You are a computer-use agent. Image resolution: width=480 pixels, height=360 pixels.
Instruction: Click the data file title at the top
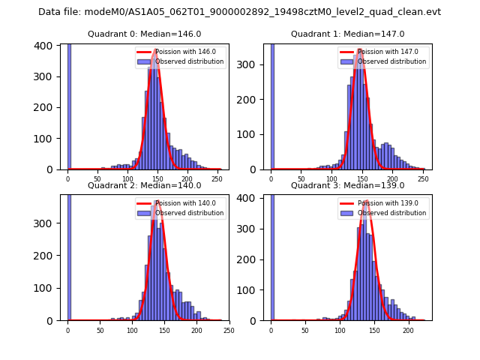coord(239,12)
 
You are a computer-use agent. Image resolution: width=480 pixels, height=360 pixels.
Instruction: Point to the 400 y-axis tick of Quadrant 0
coord(46,46)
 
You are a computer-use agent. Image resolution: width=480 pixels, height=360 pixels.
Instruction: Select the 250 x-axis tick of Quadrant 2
coord(229,330)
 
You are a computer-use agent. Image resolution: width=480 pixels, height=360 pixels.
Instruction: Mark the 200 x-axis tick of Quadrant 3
coord(408,330)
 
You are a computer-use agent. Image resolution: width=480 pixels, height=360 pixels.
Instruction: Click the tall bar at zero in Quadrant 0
coord(69,105)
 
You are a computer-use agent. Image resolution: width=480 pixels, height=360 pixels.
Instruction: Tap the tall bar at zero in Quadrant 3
coord(271,255)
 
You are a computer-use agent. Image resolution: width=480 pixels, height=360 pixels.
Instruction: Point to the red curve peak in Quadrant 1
coord(361,50)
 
